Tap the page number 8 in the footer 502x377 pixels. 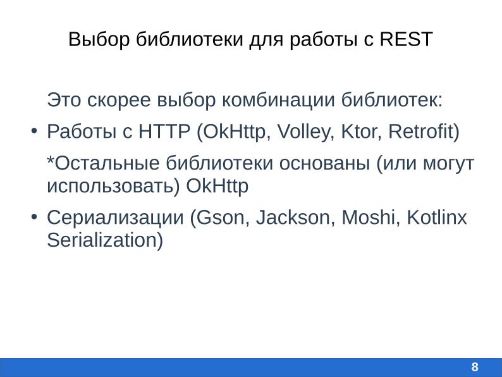tap(475, 368)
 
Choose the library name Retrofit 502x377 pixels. tap(422, 132)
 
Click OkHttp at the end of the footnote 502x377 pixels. tap(217, 186)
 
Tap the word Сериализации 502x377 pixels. tap(115, 218)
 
